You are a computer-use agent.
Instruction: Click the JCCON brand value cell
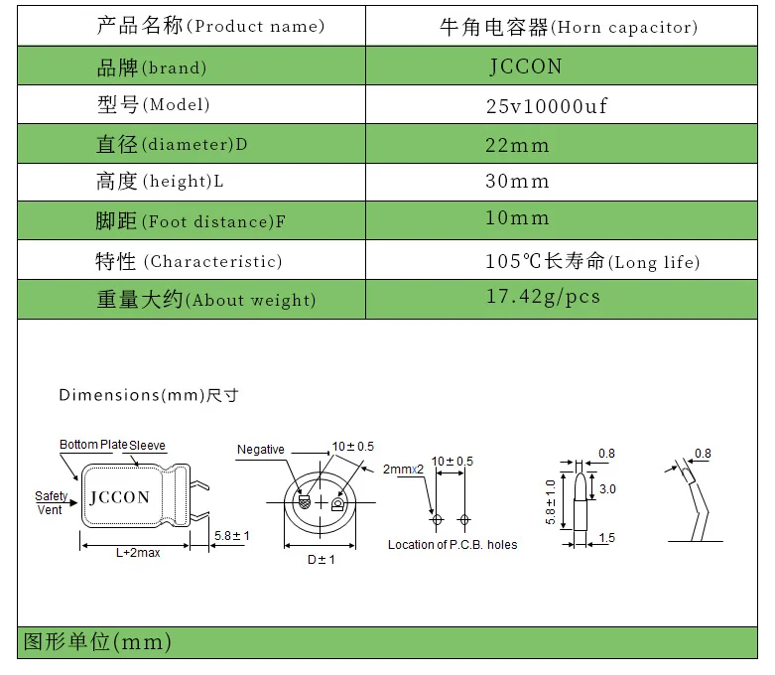(525, 67)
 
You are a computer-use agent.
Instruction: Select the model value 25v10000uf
(545, 106)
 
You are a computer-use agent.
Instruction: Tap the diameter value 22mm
(517, 145)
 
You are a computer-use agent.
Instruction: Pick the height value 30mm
(517, 182)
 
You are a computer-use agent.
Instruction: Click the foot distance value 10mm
(517, 218)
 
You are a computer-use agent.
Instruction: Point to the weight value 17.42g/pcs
(543, 297)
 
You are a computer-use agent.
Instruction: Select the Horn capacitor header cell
(568, 27)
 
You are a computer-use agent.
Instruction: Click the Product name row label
(210, 27)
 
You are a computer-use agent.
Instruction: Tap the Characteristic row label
(189, 261)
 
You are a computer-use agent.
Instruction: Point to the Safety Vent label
(52, 503)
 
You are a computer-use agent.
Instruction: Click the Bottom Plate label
(93, 445)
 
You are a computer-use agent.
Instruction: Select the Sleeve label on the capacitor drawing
(148, 445)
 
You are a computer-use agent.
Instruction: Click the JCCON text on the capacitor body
(120, 497)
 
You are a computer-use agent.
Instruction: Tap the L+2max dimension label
(138, 553)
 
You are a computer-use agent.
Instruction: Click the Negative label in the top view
(260, 450)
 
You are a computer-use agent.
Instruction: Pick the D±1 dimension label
(321, 560)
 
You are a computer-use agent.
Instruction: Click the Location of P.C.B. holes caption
(452, 544)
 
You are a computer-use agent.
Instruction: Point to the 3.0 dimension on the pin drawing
(607, 489)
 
